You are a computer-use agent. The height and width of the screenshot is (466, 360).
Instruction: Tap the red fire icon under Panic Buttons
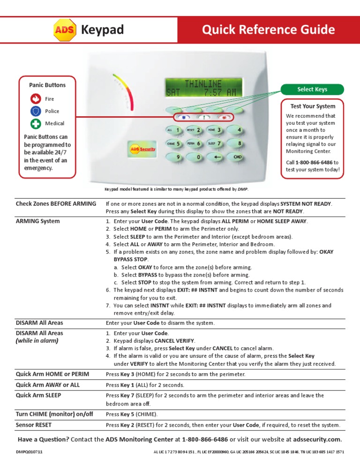36,99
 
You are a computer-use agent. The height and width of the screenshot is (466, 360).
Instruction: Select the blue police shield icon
36,112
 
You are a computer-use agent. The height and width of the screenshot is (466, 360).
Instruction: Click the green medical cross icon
36,124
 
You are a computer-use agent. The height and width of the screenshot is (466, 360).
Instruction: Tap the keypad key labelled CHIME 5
174,143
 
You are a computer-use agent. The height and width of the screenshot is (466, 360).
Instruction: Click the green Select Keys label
312,90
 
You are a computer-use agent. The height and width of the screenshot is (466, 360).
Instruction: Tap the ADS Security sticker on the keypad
142,149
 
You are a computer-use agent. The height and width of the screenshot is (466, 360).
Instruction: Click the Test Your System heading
312,106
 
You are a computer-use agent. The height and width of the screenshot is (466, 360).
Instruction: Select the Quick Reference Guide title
269,30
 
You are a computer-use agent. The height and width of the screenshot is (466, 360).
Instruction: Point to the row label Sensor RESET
34,425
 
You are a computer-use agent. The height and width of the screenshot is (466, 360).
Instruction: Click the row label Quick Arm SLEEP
38,395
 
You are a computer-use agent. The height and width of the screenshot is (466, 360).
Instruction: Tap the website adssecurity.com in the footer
317,440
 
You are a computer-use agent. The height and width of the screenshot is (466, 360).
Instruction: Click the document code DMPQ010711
29,452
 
